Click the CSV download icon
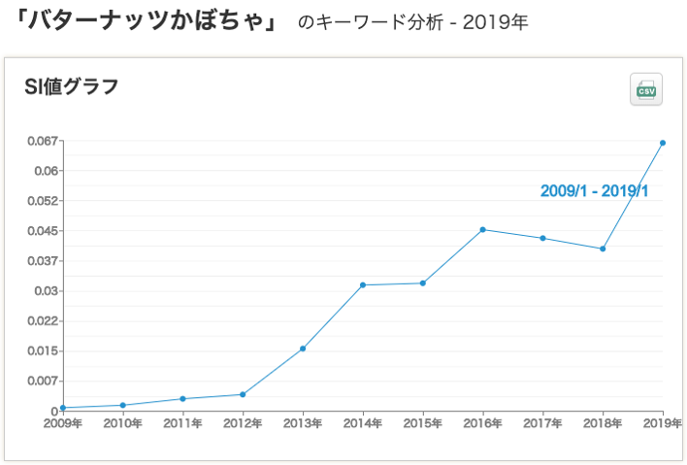[x=646, y=90]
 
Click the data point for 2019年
[x=663, y=143]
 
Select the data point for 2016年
[x=483, y=229]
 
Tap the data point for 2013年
[x=303, y=349]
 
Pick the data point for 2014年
[x=363, y=284]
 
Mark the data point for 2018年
[x=603, y=249]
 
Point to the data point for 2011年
[x=182, y=399]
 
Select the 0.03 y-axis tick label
[x=48, y=291]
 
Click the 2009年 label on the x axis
[x=63, y=423]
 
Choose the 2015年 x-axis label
[x=423, y=423]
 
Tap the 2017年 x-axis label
[x=543, y=423]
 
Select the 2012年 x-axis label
[x=243, y=423]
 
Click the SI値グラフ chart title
[x=71, y=87]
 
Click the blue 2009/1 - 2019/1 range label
[x=594, y=191]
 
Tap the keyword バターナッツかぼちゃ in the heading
[x=143, y=20]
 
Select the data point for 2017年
[x=543, y=238]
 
